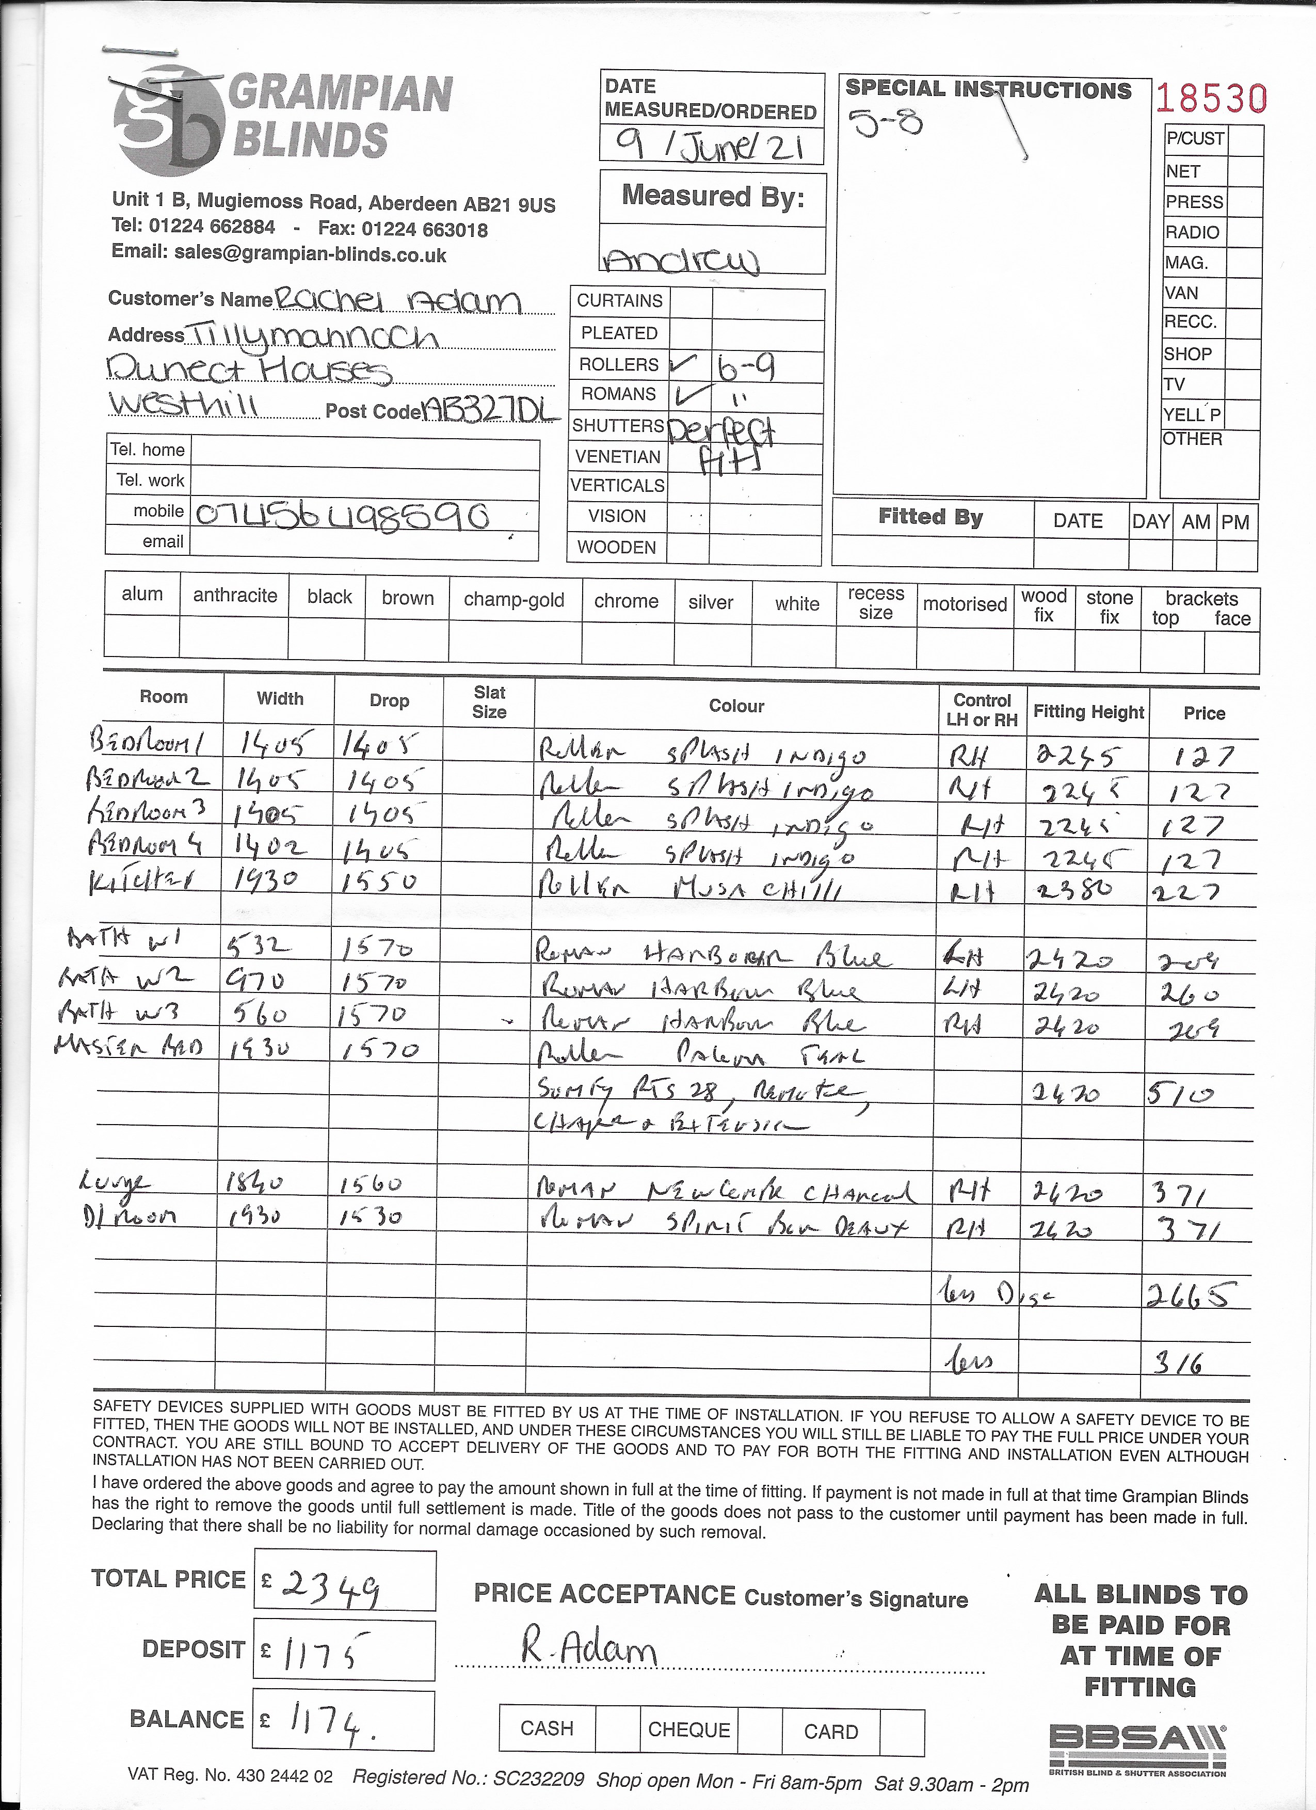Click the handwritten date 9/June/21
click(x=710, y=147)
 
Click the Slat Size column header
click(x=489, y=702)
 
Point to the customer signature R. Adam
click(x=589, y=1645)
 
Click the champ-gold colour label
click(x=514, y=600)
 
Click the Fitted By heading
click(x=930, y=517)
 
